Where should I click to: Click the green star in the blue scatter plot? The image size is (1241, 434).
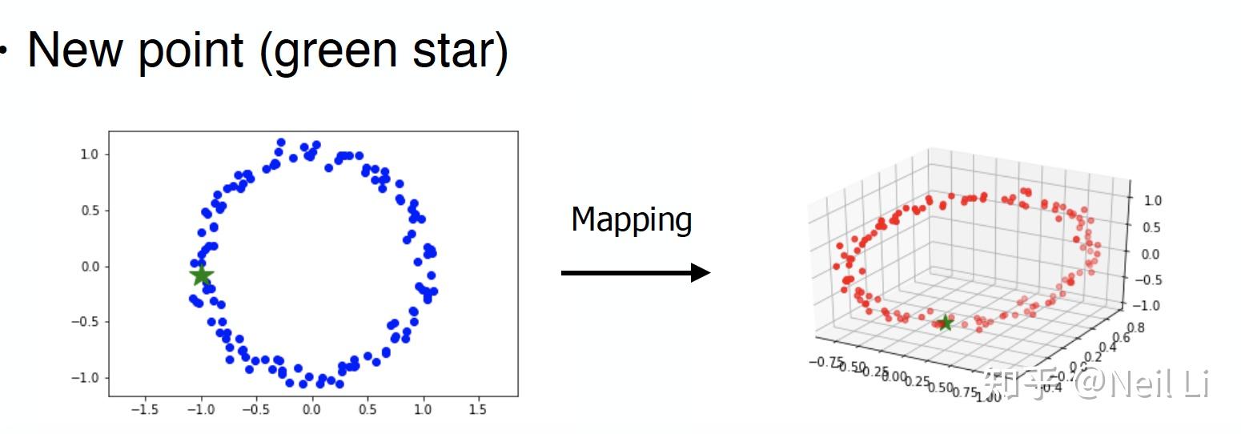point(201,275)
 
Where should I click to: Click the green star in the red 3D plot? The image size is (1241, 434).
point(945,323)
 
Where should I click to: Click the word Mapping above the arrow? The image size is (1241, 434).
point(632,219)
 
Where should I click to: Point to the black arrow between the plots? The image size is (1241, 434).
point(636,273)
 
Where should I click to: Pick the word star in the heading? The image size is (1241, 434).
point(460,50)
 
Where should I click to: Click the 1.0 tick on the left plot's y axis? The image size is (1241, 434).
point(89,155)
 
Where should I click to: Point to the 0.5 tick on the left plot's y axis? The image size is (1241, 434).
point(89,211)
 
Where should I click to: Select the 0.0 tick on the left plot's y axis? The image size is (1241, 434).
point(89,267)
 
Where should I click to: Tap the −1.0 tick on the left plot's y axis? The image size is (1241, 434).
point(86,378)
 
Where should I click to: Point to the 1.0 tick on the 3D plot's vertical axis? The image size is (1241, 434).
point(1151,201)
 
